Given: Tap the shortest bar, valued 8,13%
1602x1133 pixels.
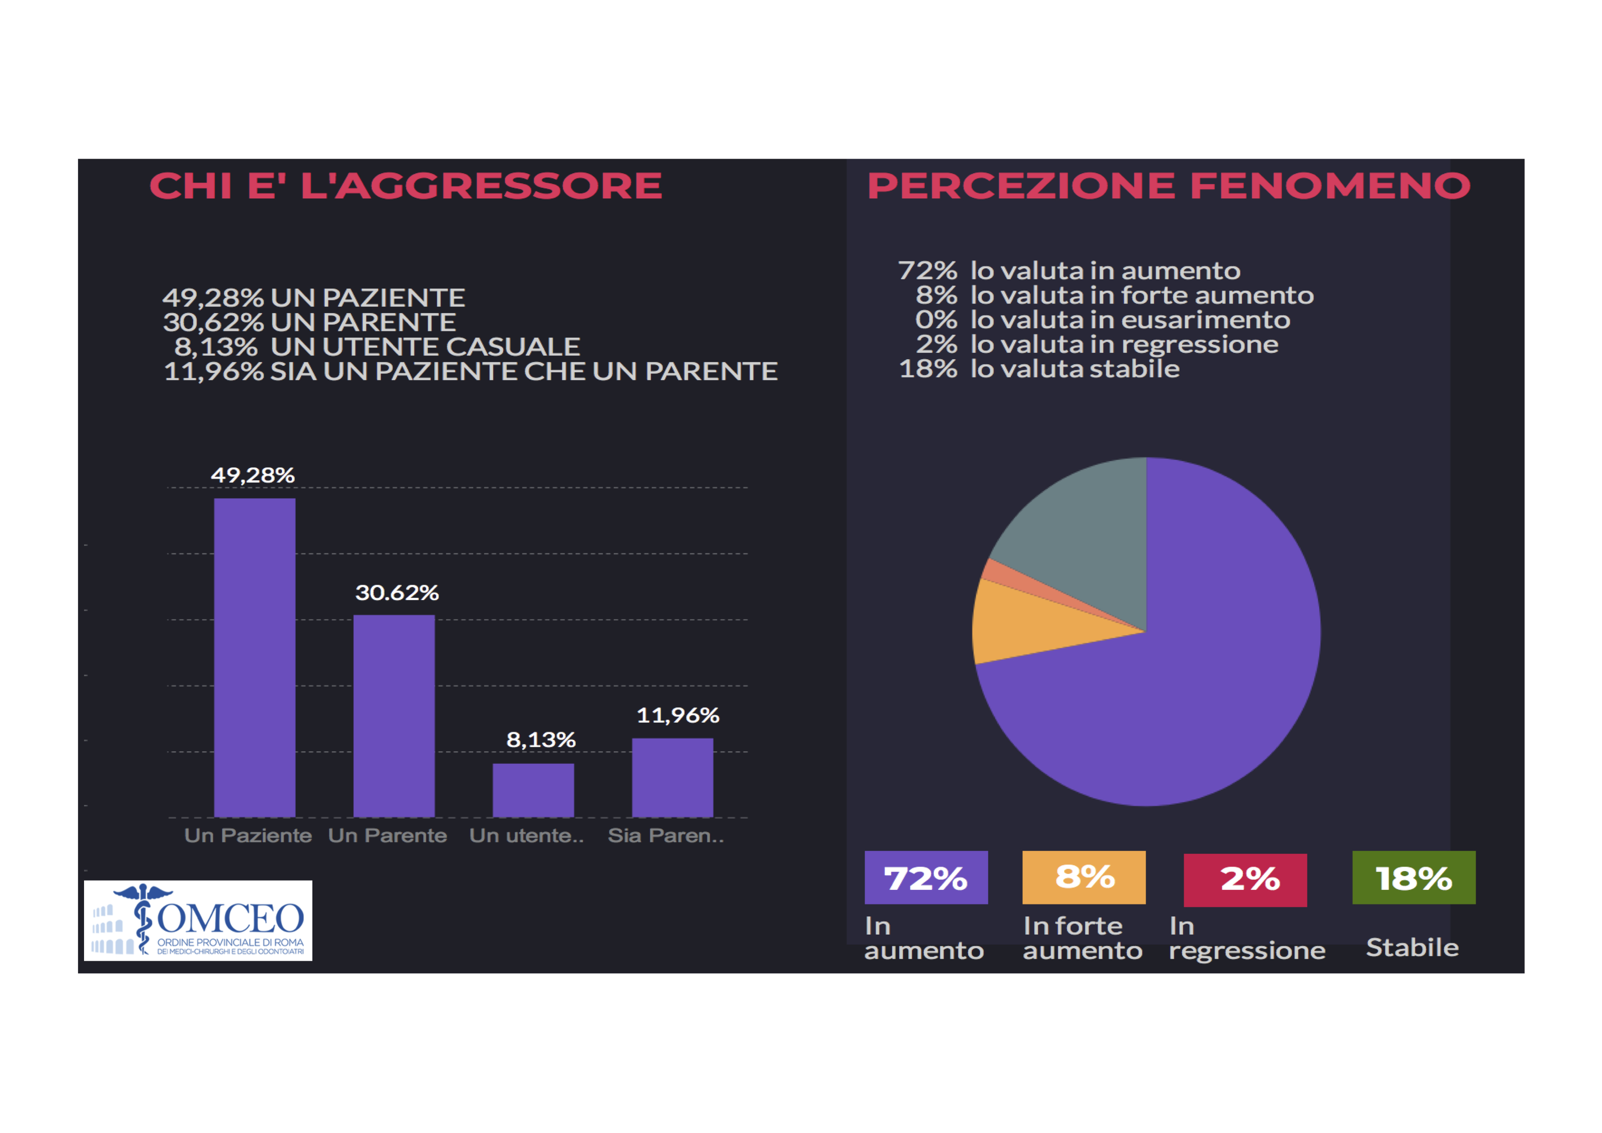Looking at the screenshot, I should [x=533, y=790].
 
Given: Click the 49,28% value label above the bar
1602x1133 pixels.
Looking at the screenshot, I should [x=253, y=475].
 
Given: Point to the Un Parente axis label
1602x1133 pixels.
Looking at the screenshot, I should [x=387, y=835].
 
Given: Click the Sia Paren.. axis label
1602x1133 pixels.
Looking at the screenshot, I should [x=666, y=835].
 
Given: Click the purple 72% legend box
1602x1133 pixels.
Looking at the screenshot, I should [x=926, y=878].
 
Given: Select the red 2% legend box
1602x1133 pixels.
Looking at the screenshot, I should [x=1245, y=880].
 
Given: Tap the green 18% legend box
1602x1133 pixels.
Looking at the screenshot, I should [x=1413, y=878].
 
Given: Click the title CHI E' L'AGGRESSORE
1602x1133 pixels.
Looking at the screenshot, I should [x=406, y=186].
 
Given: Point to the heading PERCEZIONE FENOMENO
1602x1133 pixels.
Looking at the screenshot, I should [x=1168, y=186].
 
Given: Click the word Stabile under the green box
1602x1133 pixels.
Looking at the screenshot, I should [x=1412, y=947].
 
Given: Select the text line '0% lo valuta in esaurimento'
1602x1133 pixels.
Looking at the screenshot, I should [x=1102, y=320].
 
